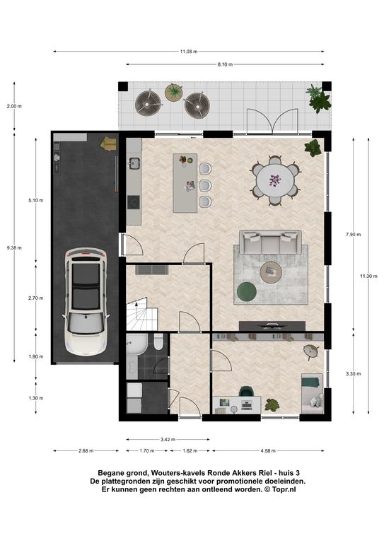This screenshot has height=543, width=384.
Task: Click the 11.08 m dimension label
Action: (x=188, y=52)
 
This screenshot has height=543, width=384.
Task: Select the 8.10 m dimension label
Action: (x=225, y=64)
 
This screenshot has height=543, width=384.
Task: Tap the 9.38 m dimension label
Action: (x=14, y=247)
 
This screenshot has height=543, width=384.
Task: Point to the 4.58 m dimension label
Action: (x=268, y=450)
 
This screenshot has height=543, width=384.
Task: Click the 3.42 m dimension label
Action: (x=168, y=440)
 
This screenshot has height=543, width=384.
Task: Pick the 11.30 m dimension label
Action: (x=368, y=276)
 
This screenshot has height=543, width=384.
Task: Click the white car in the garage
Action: (x=86, y=301)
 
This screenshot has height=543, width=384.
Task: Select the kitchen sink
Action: (x=134, y=163)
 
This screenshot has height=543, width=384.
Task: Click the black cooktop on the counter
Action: (x=134, y=202)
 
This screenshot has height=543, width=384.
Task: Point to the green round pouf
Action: (x=247, y=291)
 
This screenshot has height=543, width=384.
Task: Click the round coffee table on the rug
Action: (x=272, y=272)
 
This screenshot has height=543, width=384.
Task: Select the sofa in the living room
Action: (x=270, y=242)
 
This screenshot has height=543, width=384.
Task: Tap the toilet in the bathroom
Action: (x=158, y=342)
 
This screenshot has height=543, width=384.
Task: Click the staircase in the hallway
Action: (x=142, y=314)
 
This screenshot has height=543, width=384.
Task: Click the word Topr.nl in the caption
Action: (x=284, y=490)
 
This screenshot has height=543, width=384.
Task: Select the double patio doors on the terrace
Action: (x=272, y=121)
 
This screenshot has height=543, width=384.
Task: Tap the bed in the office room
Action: (x=313, y=393)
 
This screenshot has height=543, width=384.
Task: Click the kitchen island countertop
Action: (x=185, y=183)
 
